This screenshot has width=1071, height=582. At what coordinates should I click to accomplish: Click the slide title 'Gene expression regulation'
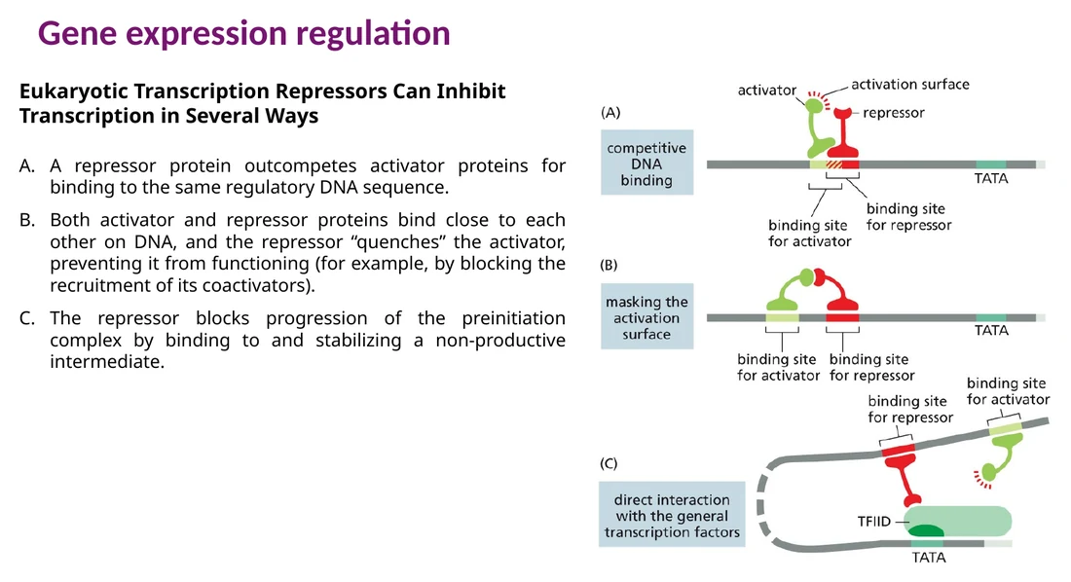click(x=243, y=33)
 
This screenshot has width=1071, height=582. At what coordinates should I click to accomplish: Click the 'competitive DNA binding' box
click(x=646, y=163)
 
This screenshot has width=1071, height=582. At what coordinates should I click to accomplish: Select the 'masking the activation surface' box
click(x=646, y=317)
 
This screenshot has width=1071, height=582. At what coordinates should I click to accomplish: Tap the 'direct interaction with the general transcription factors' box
click(x=672, y=515)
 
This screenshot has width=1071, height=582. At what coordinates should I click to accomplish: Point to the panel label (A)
click(x=610, y=113)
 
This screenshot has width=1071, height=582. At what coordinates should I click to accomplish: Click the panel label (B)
click(x=609, y=265)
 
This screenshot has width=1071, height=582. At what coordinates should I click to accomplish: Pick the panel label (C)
click(x=609, y=464)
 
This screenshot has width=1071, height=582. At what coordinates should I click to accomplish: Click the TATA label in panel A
click(x=991, y=179)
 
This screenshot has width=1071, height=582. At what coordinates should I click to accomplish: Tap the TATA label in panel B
click(x=991, y=331)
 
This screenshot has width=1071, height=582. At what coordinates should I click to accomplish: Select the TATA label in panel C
click(x=929, y=558)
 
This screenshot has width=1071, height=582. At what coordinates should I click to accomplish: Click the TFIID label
click(x=874, y=522)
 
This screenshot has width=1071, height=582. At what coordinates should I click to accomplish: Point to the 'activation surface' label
click(x=909, y=84)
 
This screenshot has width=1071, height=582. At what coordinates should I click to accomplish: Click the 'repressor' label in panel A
click(x=894, y=113)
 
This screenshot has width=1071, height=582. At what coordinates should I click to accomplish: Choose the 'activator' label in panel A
click(x=767, y=91)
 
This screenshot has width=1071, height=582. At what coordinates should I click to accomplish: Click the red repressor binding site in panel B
click(x=842, y=318)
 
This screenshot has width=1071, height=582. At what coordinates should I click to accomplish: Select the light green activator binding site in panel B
click(x=782, y=318)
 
